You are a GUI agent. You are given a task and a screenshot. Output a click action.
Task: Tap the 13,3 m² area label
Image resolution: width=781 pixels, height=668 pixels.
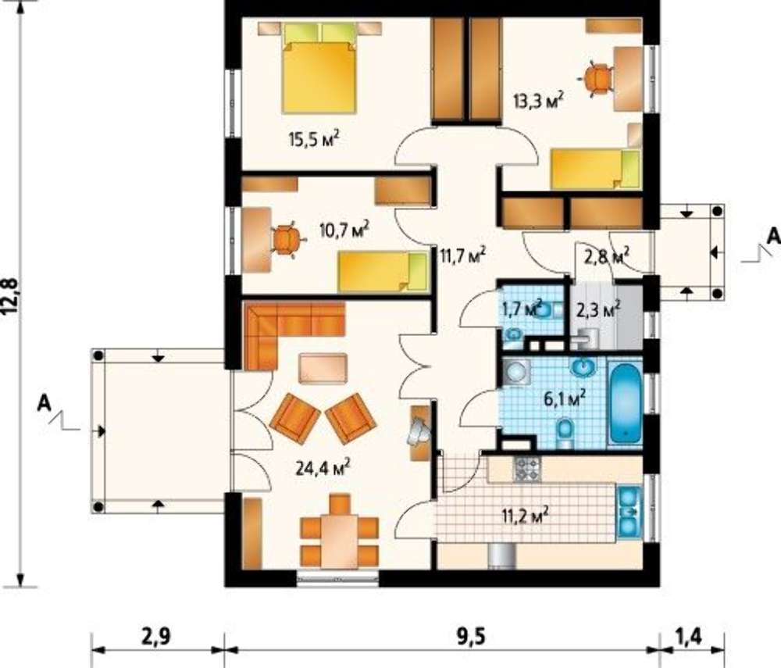coord(538,100)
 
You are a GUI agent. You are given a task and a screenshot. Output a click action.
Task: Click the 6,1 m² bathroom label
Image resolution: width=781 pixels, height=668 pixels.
coord(563,398)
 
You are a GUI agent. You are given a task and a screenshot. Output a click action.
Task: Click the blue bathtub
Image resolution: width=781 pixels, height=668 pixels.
coord(625,402)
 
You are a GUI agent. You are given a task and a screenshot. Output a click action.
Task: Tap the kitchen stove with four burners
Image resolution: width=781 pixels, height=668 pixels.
coord(527,469)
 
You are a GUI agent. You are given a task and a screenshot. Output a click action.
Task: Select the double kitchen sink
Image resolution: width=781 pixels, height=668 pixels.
coord(629,511)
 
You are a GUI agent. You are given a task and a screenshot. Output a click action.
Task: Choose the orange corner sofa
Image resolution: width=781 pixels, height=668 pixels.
coord(287,329)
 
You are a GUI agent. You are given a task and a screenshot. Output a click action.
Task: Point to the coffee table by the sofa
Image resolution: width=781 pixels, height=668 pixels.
coord(323,369)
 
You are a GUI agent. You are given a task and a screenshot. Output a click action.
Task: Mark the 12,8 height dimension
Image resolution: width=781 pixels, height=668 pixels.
coord(11,296)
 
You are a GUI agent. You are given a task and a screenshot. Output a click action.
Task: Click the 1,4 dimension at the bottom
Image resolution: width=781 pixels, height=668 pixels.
coord(690,637)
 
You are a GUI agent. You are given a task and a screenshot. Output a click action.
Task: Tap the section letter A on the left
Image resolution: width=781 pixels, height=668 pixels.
coord(45,403)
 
